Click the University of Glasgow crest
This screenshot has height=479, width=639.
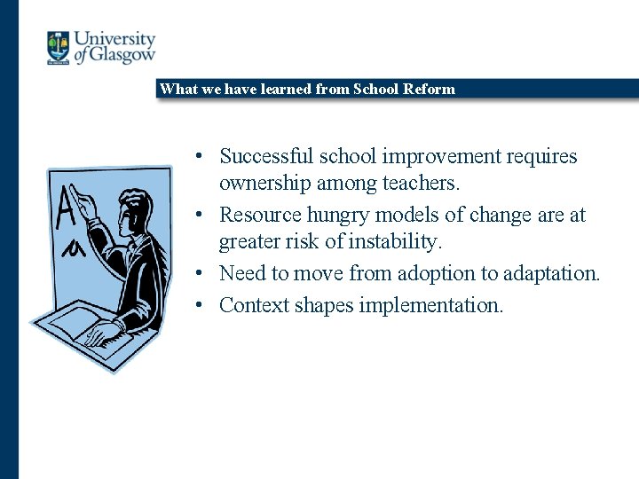[x=59, y=47]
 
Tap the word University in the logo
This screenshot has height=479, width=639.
[x=114, y=39]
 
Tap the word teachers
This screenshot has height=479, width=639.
[x=416, y=184]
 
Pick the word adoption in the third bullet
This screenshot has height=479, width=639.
[x=422, y=273]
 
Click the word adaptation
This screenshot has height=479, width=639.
[x=552, y=273]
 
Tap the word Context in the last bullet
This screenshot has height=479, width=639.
[x=254, y=305]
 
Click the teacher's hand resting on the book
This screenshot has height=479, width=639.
[x=103, y=334]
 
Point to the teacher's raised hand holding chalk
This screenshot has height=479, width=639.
[x=83, y=200]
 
